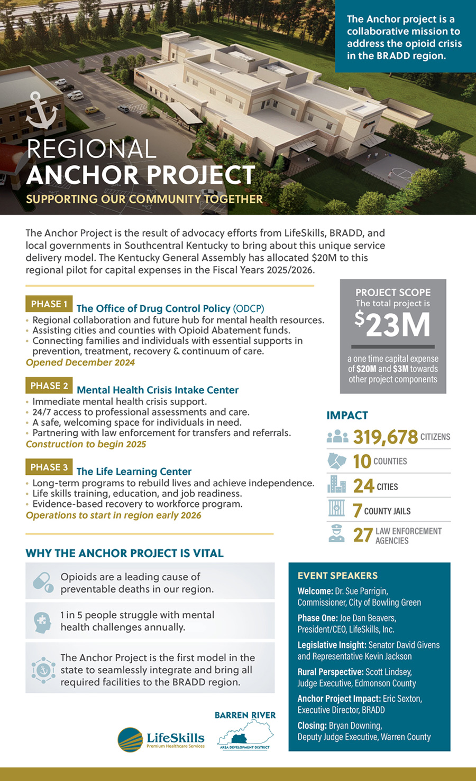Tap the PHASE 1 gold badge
click(x=49, y=304)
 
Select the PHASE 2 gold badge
click(x=49, y=385)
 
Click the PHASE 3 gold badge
click(x=49, y=467)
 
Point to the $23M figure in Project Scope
click(x=392, y=324)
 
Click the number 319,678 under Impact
click(x=385, y=437)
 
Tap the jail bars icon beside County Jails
click(x=336, y=509)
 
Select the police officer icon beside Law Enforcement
click(x=336, y=533)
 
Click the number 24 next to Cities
click(x=363, y=486)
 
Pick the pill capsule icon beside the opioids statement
click(x=43, y=582)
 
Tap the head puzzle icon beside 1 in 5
click(x=42, y=622)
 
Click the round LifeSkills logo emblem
click(x=130, y=739)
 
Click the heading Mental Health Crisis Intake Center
click(x=158, y=390)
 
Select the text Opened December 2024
click(x=80, y=363)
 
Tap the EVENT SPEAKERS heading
click(x=337, y=576)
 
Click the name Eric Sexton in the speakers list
click(x=402, y=699)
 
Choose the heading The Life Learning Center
click(x=134, y=472)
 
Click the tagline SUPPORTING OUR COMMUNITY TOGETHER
click(x=144, y=199)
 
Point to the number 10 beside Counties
click(x=362, y=461)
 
